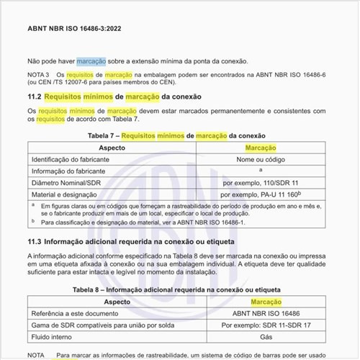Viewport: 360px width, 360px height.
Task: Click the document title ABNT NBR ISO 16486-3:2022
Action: [x=73, y=30]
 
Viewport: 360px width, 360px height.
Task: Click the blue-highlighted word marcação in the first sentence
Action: [x=91, y=62]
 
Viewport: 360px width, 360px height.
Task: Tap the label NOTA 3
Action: [x=37, y=74]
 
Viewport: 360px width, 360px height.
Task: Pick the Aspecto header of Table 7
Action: [x=111, y=146]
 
